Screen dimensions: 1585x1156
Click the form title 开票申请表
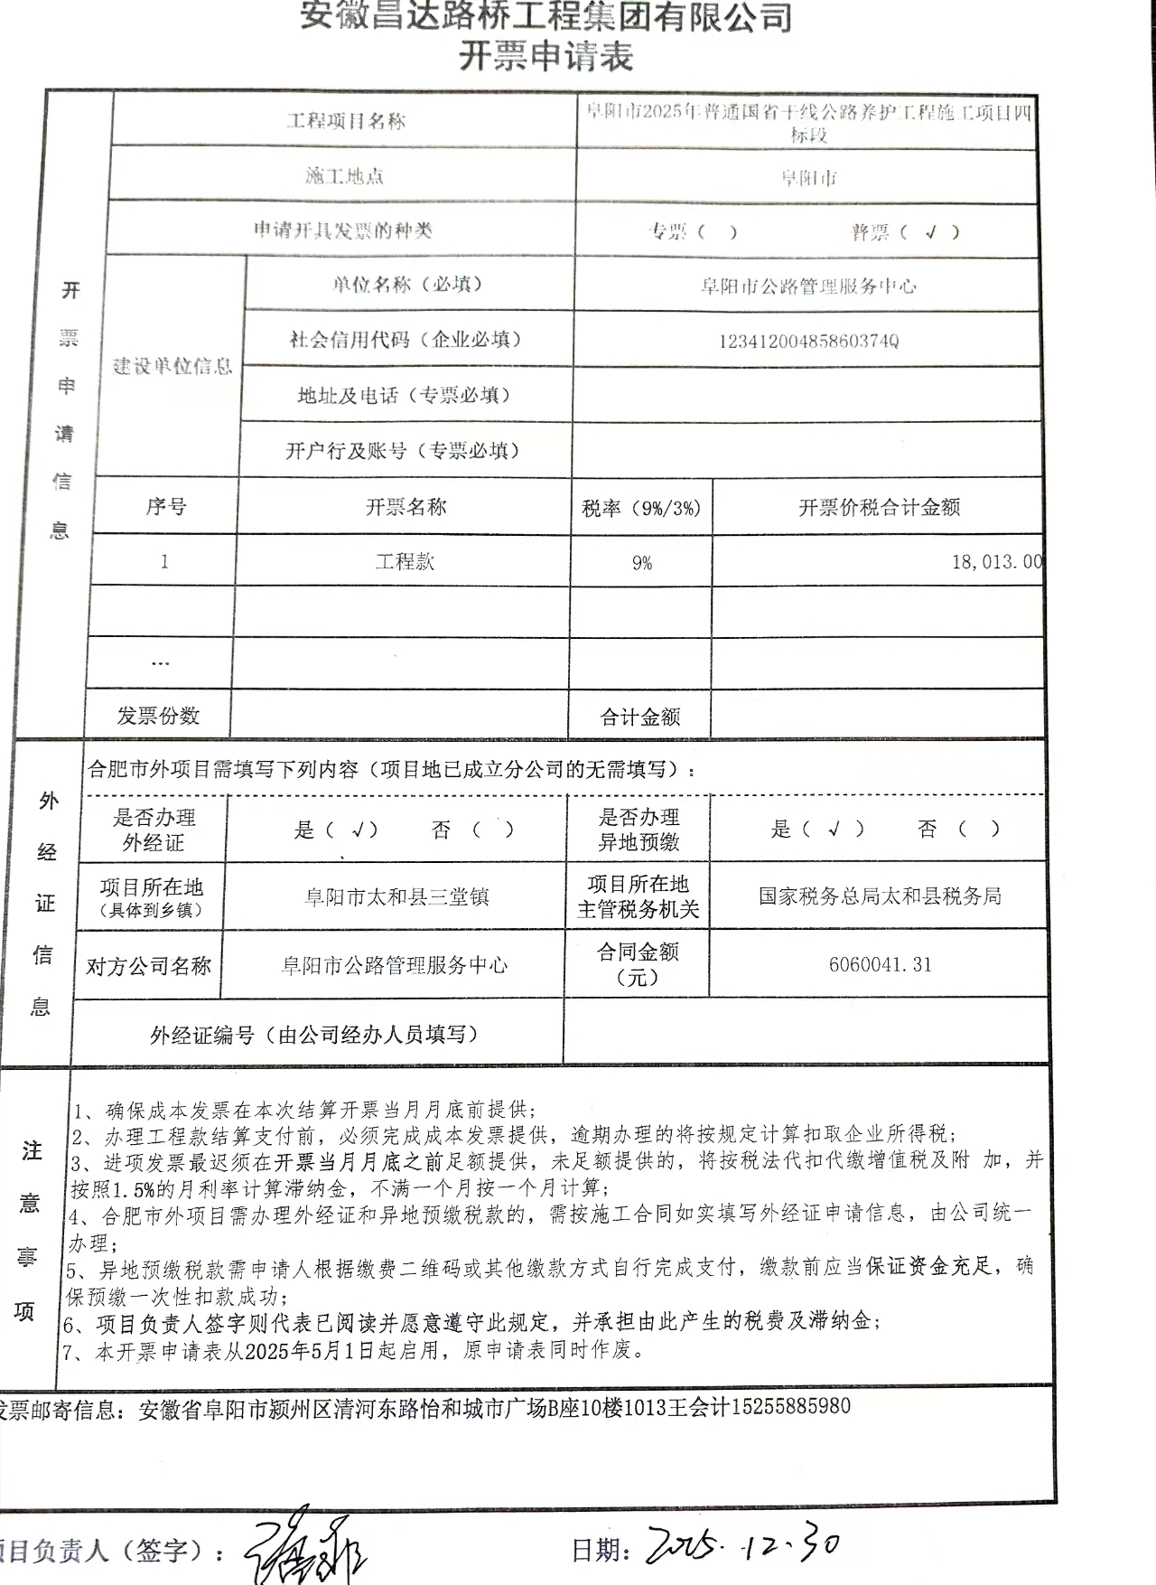(x=545, y=57)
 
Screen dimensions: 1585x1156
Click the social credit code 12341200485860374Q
(x=808, y=342)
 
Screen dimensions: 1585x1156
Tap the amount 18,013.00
(x=996, y=562)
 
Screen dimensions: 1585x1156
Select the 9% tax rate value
(x=642, y=563)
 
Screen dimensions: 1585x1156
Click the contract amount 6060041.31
(x=880, y=965)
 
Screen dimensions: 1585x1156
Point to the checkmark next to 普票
(x=931, y=232)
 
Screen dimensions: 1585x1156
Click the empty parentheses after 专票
(x=718, y=232)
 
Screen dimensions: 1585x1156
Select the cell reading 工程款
(x=405, y=561)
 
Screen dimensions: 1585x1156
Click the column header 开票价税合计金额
(x=879, y=508)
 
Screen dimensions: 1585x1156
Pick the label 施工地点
(x=345, y=176)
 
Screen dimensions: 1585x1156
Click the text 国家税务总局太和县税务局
(x=880, y=896)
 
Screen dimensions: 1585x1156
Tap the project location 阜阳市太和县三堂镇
(x=396, y=897)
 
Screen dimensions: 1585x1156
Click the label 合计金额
(x=640, y=717)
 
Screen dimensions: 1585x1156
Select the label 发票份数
(x=158, y=717)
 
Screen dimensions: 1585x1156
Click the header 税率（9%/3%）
(x=641, y=509)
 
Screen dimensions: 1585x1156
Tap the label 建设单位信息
(x=172, y=366)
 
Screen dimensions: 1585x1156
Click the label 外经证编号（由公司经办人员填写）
(x=314, y=1034)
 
